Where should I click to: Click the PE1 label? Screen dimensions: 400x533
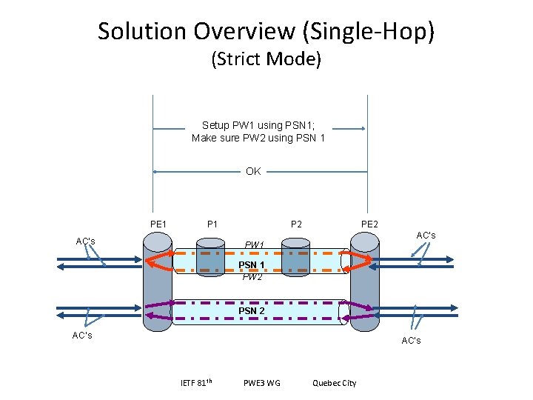pyautogui.click(x=158, y=224)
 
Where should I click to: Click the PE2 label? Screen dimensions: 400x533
pyautogui.click(x=369, y=224)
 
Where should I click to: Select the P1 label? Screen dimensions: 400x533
pyautogui.click(x=212, y=224)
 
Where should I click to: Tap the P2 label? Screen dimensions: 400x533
pyautogui.click(x=296, y=224)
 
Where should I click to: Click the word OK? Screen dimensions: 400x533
pyautogui.click(x=253, y=171)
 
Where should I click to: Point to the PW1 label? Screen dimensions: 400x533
pyautogui.click(x=254, y=244)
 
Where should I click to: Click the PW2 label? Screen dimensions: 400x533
pyautogui.click(x=252, y=277)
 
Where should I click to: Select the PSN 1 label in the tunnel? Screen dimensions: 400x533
pyautogui.click(x=252, y=264)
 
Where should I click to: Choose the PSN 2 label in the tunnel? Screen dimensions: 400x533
pyautogui.click(x=252, y=310)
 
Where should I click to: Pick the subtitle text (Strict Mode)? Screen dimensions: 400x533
pyautogui.click(x=266, y=59)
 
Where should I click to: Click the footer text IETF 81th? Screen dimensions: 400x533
pyautogui.click(x=197, y=382)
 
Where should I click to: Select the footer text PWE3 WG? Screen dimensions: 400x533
pyautogui.click(x=261, y=383)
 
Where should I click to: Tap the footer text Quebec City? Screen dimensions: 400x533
pyautogui.click(x=334, y=383)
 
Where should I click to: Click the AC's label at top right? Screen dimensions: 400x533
pyautogui.click(x=426, y=236)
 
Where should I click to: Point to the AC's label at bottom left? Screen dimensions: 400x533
pyautogui.click(x=81, y=336)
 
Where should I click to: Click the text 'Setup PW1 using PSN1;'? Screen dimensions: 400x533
pyautogui.click(x=254, y=125)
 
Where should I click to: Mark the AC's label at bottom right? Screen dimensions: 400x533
pyautogui.click(x=411, y=340)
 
